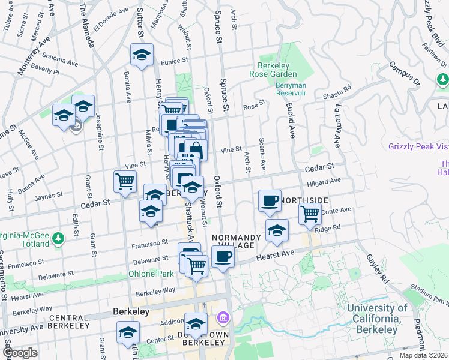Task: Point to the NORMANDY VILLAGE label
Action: pos(236,241)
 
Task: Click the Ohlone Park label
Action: pos(151,274)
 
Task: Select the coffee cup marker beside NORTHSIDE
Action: pos(270,200)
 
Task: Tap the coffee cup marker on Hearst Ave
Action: pos(223,257)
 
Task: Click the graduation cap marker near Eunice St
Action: pos(142,55)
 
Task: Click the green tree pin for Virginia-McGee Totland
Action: pos(58,239)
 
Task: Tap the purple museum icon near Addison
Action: pos(223,316)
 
